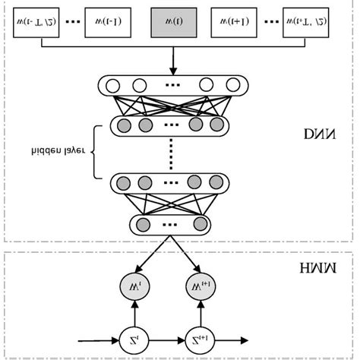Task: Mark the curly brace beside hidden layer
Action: pos(96,151)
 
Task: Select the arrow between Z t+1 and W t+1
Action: pos(201,313)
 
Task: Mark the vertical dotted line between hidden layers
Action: pos(169,152)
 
